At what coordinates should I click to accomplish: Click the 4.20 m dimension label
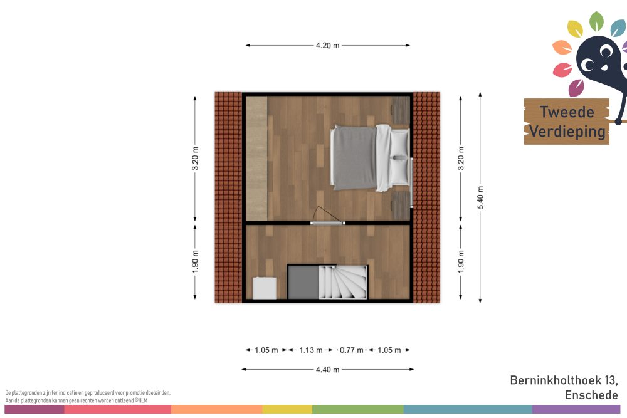pos(327,46)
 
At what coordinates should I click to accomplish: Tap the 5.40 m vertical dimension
pos(480,197)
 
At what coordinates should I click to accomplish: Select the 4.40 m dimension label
pos(327,370)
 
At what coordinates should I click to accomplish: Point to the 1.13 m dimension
pos(311,350)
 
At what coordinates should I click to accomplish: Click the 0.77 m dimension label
pos(352,350)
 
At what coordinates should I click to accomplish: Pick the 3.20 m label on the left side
pos(195,159)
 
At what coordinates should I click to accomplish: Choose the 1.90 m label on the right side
pos(461,262)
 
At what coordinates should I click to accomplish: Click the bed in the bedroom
pos(370,158)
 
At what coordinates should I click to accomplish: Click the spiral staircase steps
pos(343,282)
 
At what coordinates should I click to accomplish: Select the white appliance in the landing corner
pos(265,288)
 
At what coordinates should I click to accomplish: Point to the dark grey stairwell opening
pos(303,282)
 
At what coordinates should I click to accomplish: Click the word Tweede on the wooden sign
pos(567,112)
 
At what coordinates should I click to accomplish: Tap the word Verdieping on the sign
pos(567,132)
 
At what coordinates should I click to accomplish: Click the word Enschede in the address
pos(591,395)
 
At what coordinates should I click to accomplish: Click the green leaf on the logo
pos(596,21)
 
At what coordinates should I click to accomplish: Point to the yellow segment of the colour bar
pos(287,409)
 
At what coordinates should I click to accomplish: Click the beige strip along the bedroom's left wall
pos(256,159)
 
